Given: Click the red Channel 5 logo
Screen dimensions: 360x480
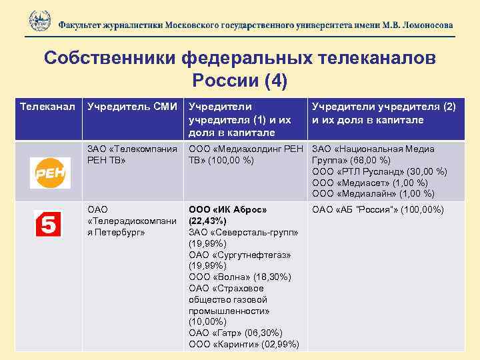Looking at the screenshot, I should (48, 224).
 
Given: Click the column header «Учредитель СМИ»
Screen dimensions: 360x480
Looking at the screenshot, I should (132, 107).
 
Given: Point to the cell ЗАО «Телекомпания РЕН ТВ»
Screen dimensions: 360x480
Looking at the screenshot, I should (132, 155).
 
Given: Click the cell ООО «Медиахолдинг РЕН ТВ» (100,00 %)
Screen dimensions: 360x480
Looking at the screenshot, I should (245, 155).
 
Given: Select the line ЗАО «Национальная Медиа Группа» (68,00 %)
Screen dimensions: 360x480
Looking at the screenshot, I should (373, 155).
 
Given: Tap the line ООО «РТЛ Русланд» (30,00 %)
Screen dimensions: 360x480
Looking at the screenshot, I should (379, 171).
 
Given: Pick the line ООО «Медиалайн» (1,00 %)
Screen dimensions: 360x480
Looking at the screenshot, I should (373, 194).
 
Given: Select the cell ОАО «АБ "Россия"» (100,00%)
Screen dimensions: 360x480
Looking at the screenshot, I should (378, 210).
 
